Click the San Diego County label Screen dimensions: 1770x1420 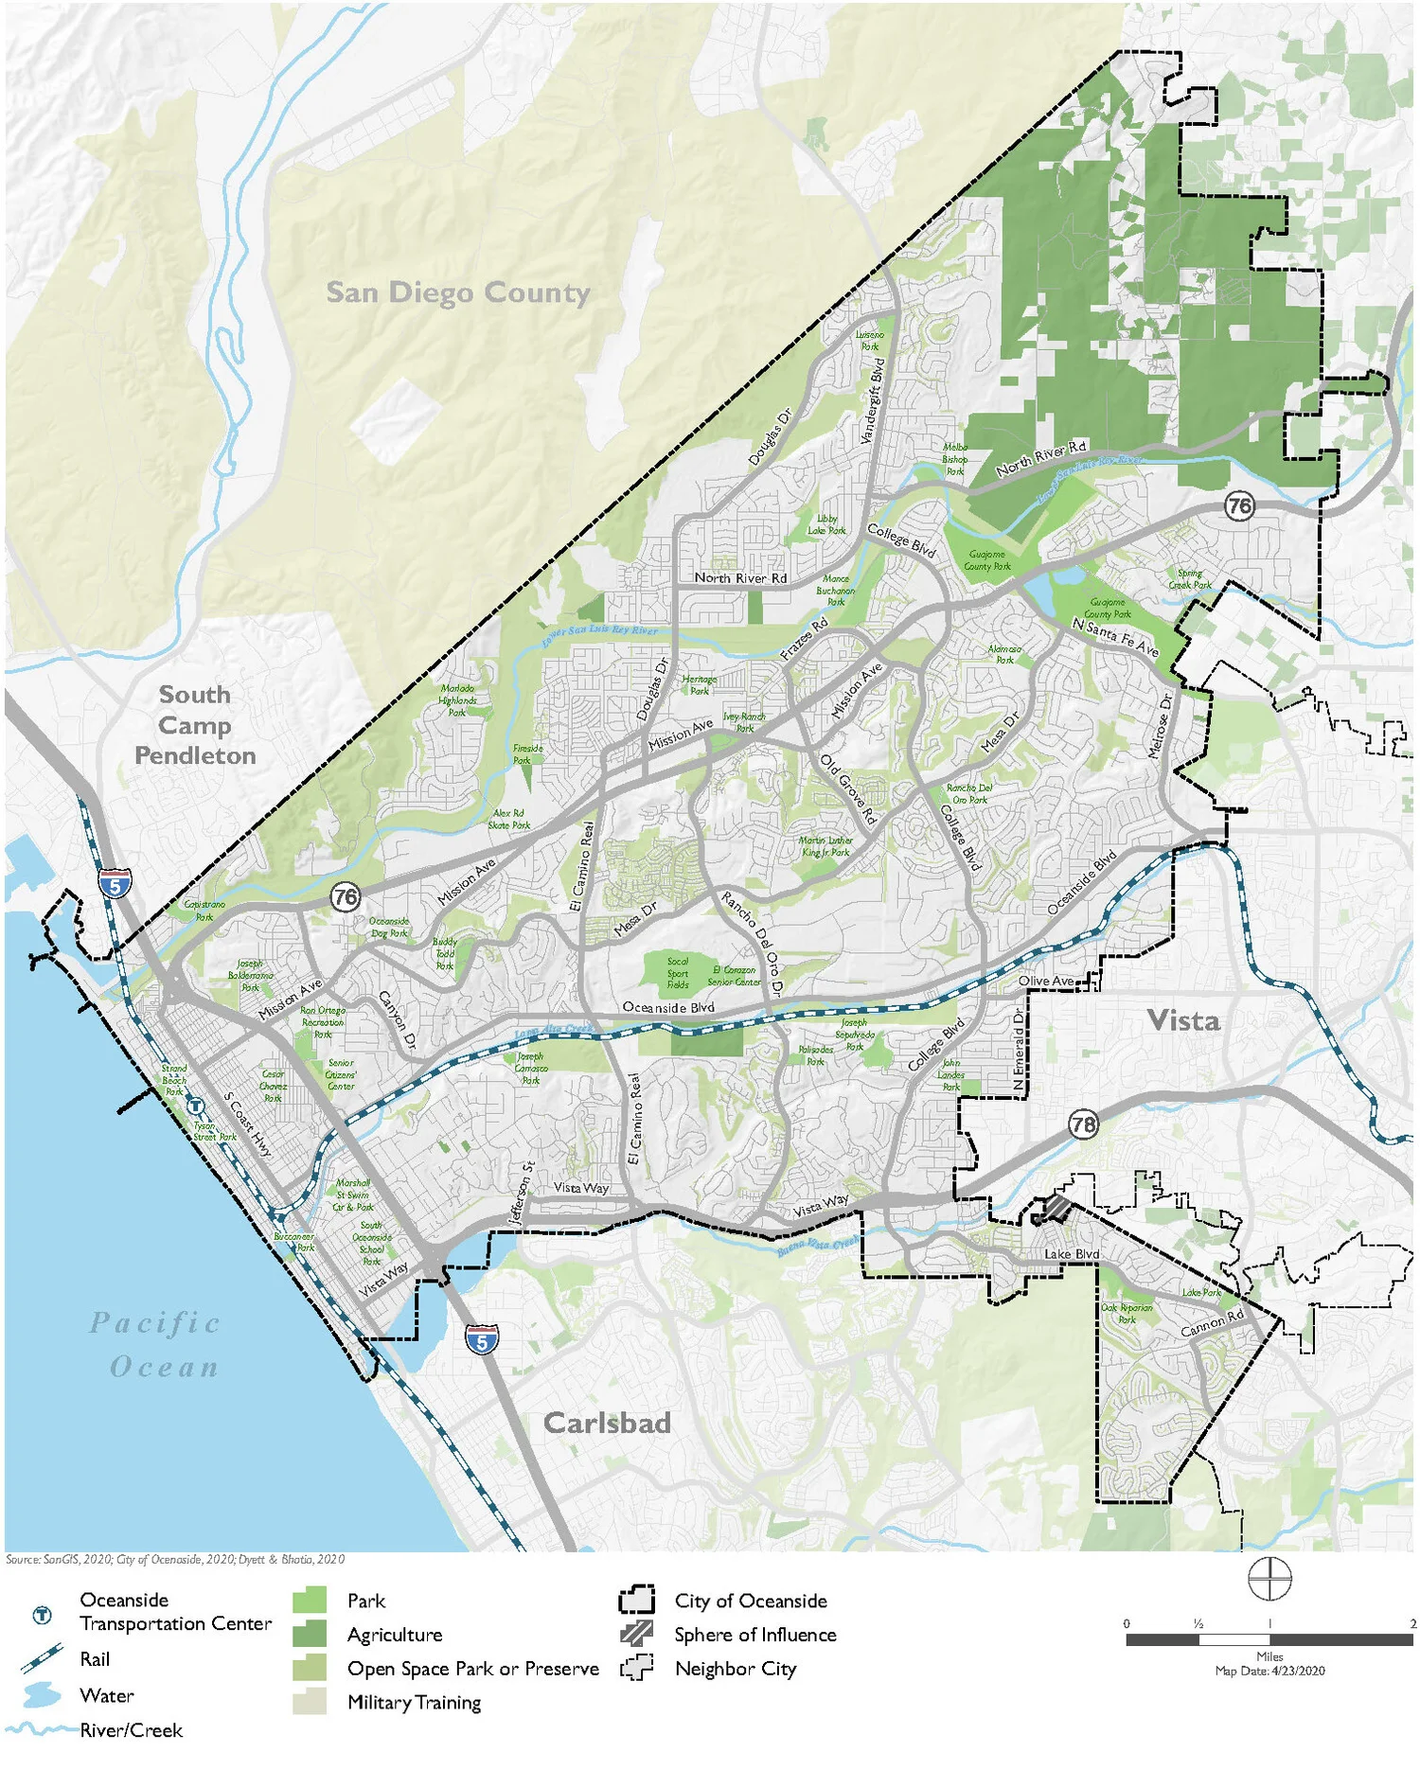[x=458, y=292]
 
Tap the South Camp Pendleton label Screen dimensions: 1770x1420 [x=195, y=725]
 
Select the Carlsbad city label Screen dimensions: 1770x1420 [x=607, y=1423]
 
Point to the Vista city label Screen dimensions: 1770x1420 [x=1182, y=1020]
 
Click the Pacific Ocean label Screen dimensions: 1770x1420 [x=156, y=1345]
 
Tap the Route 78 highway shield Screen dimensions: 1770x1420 [x=1083, y=1124]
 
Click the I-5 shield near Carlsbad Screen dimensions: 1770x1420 [x=482, y=1340]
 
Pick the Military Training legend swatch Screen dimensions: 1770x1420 [x=310, y=1702]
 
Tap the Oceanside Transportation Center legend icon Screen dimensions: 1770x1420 [x=42, y=1616]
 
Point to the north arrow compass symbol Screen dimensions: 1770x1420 [x=1269, y=1579]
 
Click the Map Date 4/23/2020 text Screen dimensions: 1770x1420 [x=1269, y=1671]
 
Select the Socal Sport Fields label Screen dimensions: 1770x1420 [x=678, y=973]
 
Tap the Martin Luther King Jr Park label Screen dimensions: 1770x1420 [x=826, y=846]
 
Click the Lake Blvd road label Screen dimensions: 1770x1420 [x=1072, y=1254]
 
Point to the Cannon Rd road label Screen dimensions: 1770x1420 [x=1212, y=1323]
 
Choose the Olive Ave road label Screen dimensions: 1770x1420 [x=1046, y=981]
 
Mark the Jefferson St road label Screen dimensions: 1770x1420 [x=522, y=1195]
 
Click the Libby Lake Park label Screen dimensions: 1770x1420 [x=826, y=524]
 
